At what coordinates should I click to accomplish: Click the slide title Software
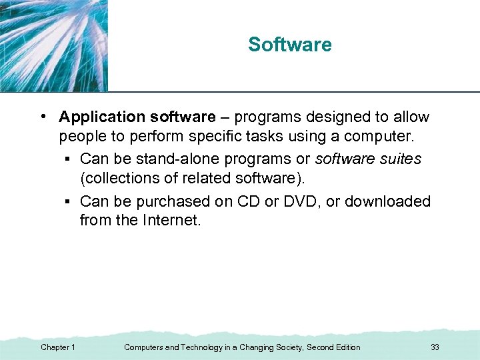(289, 45)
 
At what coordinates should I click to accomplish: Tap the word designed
(319, 117)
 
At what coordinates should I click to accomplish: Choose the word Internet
(169, 221)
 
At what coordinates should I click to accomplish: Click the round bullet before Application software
(43, 117)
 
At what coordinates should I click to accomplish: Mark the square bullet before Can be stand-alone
(69, 160)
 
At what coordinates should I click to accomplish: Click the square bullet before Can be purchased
(69, 202)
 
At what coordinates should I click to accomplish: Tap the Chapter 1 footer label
(58, 347)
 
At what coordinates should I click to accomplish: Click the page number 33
(435, 347)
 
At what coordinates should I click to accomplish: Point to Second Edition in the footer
(333, 347)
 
